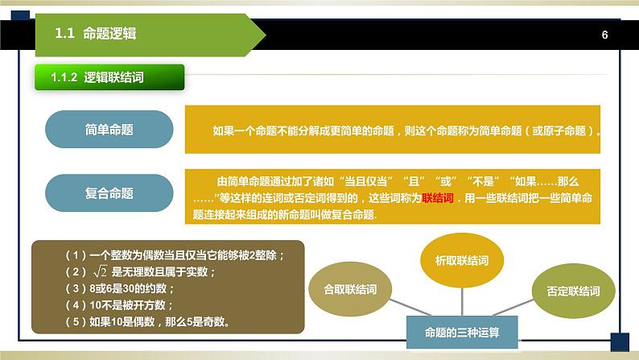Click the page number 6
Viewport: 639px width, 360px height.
pos(604,35)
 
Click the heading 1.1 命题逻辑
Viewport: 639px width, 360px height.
pos(95,33)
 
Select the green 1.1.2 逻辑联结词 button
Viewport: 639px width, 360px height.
pos(109,77)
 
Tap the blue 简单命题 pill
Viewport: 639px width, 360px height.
pos(109,129)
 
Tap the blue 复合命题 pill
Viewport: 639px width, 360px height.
pos(109,192)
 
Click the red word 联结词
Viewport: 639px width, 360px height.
pos(438,198)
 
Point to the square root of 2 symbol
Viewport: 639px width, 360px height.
pos(100,271)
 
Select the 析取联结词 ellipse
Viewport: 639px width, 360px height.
pos(462,260)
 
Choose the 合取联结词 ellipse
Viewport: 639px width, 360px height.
pos(350,289)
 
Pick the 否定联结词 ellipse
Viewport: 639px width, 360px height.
pos(573,291)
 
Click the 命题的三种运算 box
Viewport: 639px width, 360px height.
pos(462,333)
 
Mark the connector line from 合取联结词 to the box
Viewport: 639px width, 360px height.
pos(410,308)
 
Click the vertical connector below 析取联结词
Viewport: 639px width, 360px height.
pos(462,302)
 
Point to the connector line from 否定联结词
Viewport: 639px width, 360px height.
pos(513,308)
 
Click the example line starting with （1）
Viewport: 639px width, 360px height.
pos(175,255)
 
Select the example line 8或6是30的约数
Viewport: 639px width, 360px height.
pos(120,288)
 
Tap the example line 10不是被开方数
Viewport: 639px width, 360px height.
pos(119,305)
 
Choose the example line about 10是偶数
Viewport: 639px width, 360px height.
pos(147,321)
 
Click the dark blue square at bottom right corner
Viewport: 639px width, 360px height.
pos(620,342)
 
